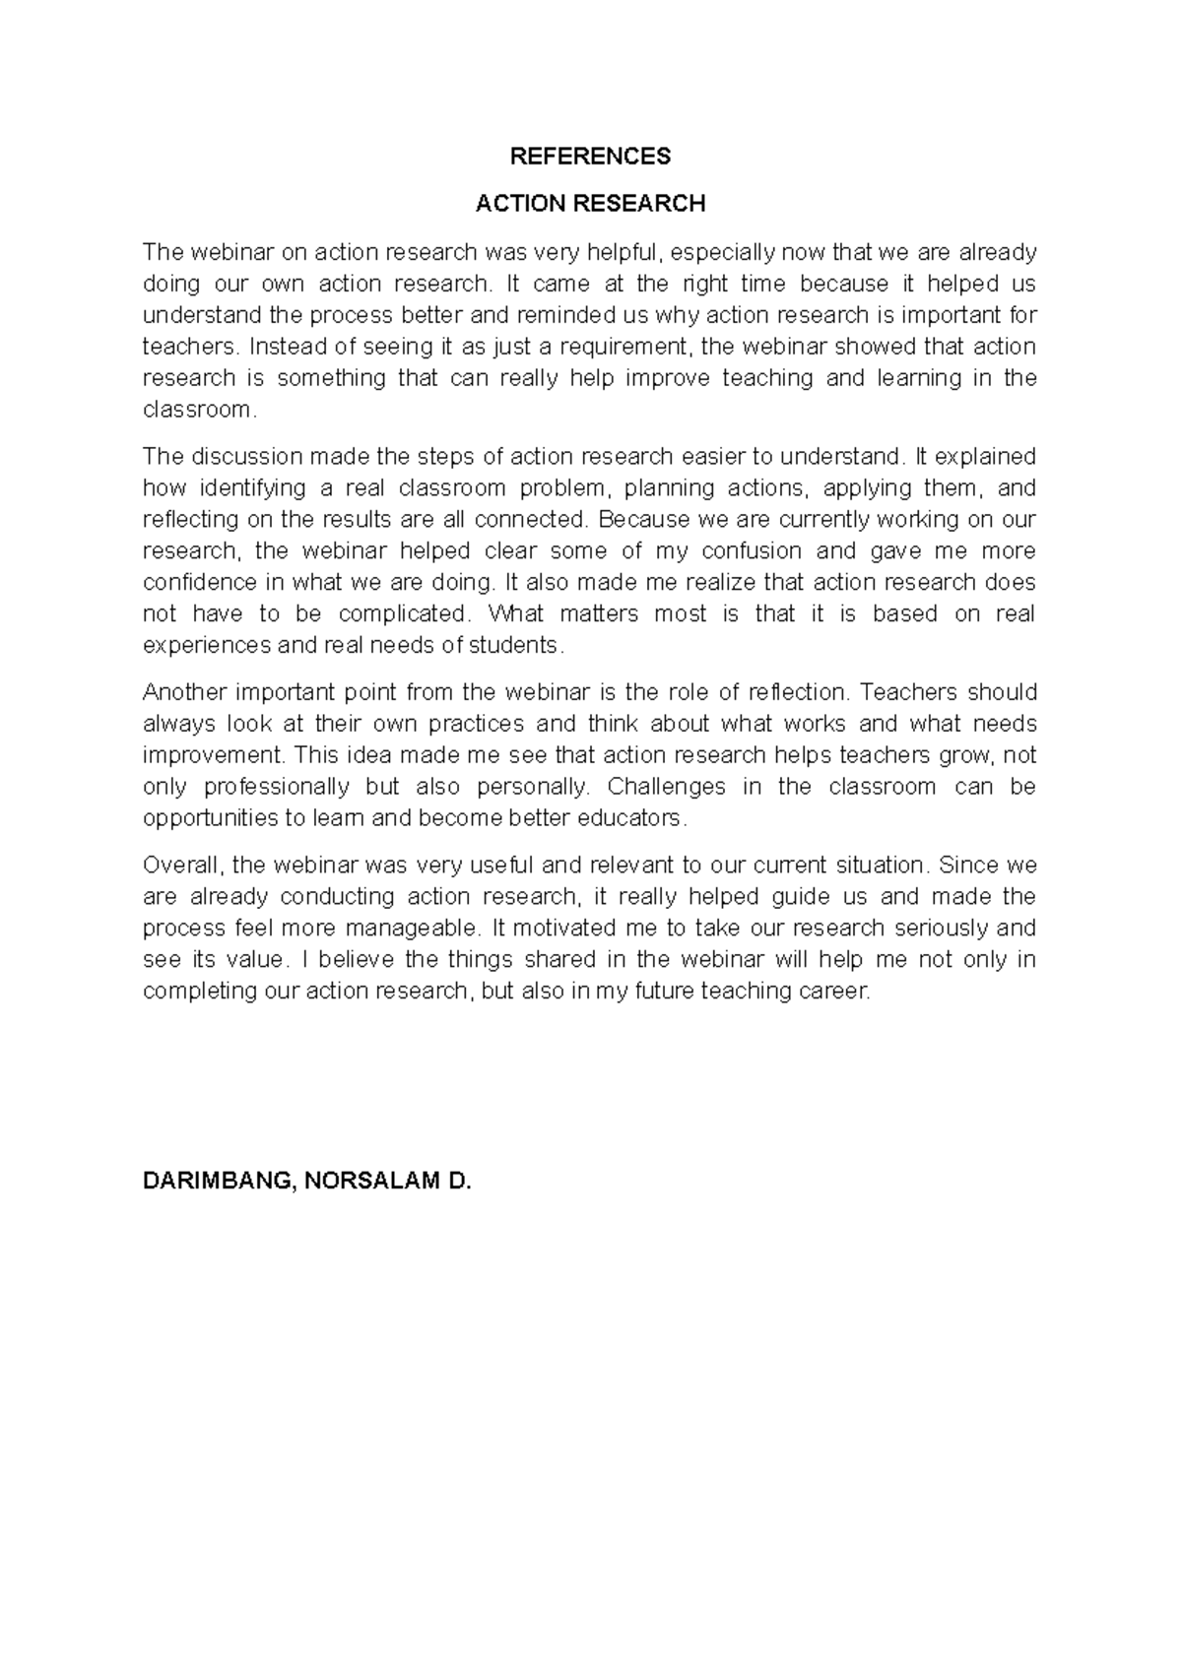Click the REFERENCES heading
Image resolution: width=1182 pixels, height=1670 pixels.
click(x=590, y=157)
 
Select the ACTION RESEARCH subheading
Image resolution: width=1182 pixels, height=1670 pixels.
click(x=590, y=204)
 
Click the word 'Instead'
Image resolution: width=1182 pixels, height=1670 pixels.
click(x=284, y=347)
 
